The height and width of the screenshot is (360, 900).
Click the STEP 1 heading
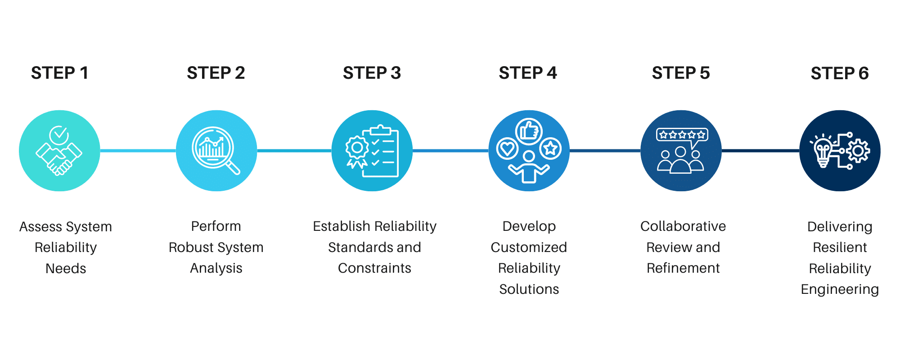(x=59, y=73)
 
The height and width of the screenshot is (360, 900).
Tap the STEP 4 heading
(x=528, y=73)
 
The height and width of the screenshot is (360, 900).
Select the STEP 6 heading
(x=840, y=73)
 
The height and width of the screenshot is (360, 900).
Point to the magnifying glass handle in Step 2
(x=233, y=167)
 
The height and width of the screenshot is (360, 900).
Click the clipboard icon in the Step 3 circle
(x=381, y=152)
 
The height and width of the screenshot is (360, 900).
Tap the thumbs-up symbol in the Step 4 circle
(x=529, y=131)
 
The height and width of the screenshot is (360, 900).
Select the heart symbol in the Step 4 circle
(x=507, y=148)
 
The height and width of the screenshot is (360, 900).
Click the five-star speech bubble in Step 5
(x=682, y=135)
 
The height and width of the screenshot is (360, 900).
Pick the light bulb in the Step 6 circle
(x=823, y=151)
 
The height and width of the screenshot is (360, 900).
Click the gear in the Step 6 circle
(x=858, y=151)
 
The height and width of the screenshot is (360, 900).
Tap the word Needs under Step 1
(x=66, y=269)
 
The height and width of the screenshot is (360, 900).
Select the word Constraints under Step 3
(x=374, y=268)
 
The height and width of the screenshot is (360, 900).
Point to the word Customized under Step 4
(x=529, y=247)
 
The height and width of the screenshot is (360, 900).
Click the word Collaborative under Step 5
(x=683, y=226)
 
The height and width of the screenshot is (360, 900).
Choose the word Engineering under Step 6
(x=840, y=289)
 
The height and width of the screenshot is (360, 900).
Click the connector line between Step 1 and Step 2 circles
(x=138, y=151)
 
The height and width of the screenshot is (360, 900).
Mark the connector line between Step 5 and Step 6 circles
(x=760, y=151)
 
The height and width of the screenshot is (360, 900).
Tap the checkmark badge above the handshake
(x=59, y=135)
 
